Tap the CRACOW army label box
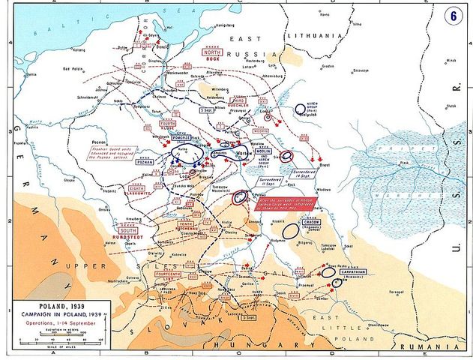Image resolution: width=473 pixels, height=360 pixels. coord(308,223)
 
